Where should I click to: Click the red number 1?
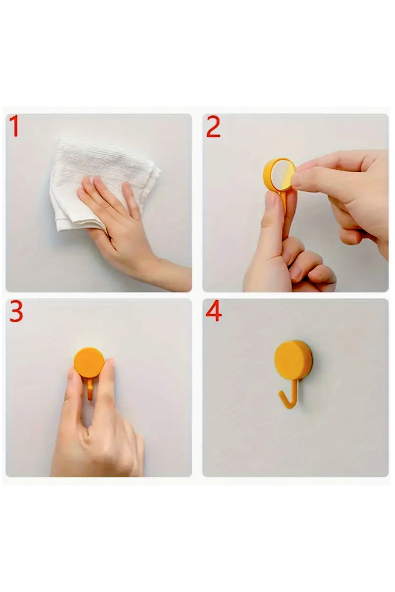[14, 126]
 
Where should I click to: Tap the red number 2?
[213, 127]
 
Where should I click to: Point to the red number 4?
[214, 311]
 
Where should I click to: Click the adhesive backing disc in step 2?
[280, 174]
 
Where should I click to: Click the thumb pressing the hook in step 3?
[74, 395]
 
